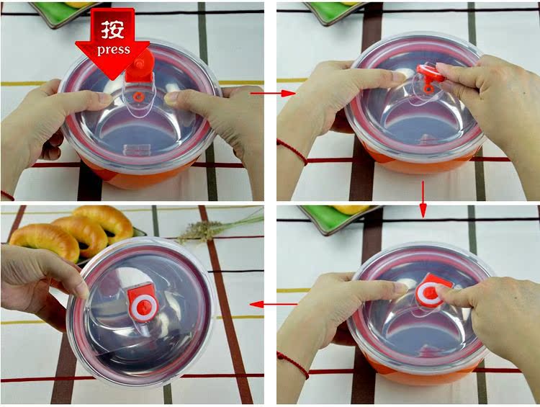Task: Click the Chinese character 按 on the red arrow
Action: coord(112,30)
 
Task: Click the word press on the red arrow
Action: coord(114,50)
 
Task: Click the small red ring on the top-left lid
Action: coord(138,97)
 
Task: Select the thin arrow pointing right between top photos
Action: coord(273,93)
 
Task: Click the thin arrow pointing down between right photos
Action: coord(423,200)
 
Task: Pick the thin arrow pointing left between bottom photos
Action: coord(274,304)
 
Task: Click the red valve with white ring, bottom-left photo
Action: coord(143,303)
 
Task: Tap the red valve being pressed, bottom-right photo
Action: coord(430,292)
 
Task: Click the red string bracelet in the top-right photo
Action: coord(292,151)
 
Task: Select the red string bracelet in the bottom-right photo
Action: coord(293,364)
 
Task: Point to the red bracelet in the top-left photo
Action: coord(7,195)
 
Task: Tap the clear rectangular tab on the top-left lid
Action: coord(138,150)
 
